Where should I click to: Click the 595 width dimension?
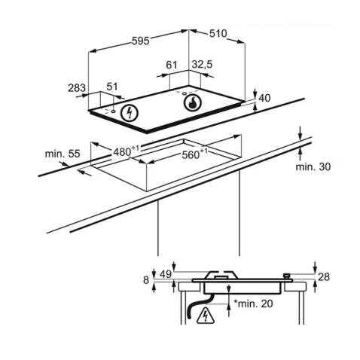(141, 41)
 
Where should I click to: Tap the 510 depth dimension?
(218, 34)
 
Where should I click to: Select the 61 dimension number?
(172, 65)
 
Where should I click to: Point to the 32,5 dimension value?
(202, 65)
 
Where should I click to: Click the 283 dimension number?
(77, 88)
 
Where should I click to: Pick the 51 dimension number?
(112, 87)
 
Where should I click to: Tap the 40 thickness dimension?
(264, 98)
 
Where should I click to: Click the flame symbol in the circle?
(193, 103)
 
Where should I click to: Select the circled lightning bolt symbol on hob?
(130, 113)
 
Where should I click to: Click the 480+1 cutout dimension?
(126, 151)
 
